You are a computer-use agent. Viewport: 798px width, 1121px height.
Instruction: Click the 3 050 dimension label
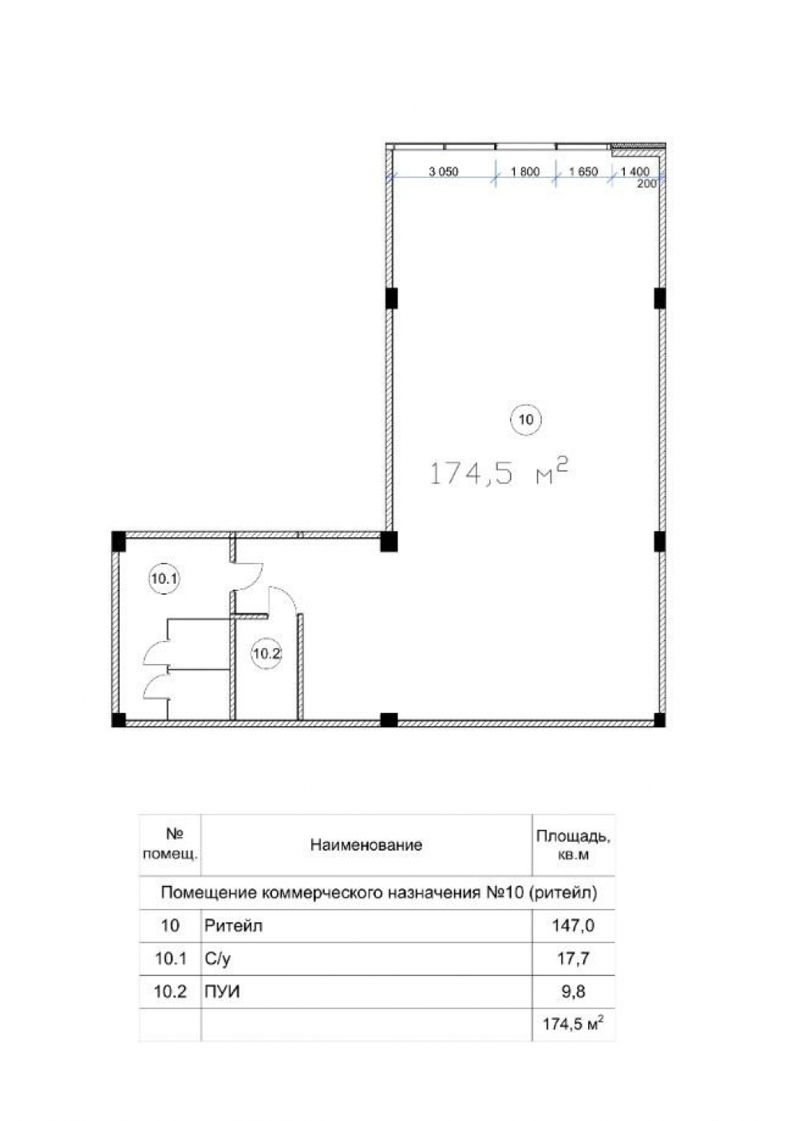point(444,171)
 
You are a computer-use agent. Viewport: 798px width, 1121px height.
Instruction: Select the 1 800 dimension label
point(525,171)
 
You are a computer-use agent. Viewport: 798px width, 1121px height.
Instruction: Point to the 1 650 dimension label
point(583,171)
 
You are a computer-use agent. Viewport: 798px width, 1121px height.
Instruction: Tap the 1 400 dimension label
point(635,171)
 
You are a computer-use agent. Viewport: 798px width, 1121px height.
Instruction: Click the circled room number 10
point(526,419)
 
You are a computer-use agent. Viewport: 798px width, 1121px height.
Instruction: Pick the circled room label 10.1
point(165,579)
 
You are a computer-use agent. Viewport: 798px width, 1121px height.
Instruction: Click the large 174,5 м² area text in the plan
point(499,474)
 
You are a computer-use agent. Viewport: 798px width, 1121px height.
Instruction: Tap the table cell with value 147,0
point(573,926)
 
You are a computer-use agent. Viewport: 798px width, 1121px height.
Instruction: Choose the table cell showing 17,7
point(573,958)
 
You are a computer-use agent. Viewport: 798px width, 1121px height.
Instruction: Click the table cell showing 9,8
point(573,991)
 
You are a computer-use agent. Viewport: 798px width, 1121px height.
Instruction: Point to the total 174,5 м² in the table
point(573,1025)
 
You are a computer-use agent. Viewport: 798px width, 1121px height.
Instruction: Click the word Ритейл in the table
point(233,926)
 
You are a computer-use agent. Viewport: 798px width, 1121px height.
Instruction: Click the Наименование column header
point(366,845)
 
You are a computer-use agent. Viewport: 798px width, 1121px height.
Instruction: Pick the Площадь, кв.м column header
point(573,845)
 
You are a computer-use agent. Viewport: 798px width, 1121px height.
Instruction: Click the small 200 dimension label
point(646,183)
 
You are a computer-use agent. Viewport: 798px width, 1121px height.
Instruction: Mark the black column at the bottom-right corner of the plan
point(659,720)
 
